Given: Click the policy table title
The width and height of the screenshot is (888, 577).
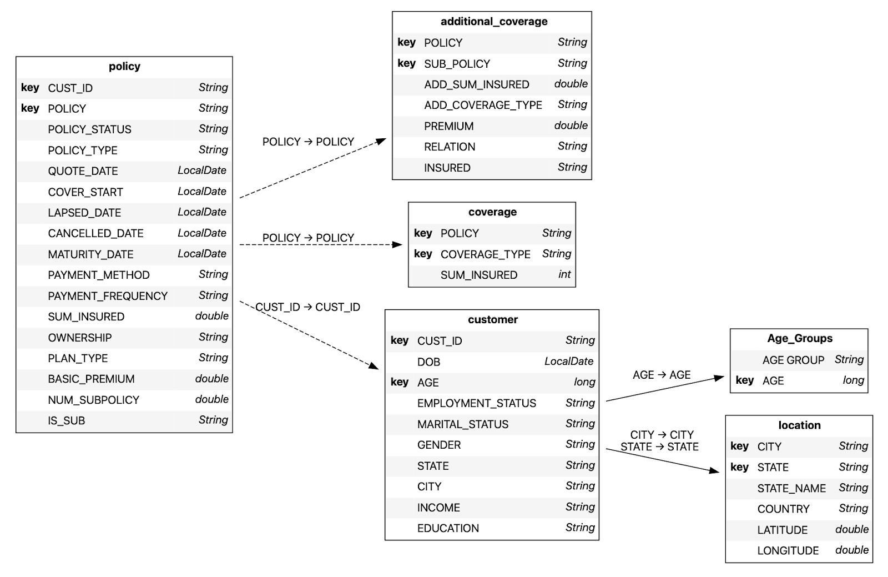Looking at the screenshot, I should point(124,67).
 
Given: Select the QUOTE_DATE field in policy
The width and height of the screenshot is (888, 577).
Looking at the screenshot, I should point(83,171).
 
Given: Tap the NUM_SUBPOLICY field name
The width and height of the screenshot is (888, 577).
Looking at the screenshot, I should point(93,400).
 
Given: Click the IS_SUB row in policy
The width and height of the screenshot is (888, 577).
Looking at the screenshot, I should point(67,420).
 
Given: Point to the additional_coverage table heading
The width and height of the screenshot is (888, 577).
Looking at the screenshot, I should point(493,22).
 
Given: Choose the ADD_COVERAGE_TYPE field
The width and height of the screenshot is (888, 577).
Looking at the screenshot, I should point(483,105).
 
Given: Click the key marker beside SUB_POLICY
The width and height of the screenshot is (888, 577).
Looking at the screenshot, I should point(406,63).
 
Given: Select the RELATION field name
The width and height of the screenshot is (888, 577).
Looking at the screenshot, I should point(450,147).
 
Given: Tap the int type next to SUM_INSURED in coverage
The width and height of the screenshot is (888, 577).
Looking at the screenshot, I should point(564,274).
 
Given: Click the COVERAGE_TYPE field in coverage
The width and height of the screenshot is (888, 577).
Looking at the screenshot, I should point(485,254).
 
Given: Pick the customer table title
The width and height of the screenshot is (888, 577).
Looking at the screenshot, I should point(492,320).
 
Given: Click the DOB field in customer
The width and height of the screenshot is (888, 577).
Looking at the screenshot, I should point(428,362).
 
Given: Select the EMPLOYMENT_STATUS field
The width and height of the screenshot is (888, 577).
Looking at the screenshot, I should point(476,403).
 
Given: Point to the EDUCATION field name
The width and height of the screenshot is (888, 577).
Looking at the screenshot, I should point(448,528).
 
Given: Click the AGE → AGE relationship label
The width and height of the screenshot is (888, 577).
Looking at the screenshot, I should point(662,375).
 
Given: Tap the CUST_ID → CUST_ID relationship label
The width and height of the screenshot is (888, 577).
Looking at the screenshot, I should point(307,307).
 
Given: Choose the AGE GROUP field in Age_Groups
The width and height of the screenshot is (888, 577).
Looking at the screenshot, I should point(793,360).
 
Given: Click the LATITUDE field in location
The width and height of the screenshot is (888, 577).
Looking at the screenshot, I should point(782,530).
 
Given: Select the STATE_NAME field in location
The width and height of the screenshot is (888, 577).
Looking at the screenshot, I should point(791,488).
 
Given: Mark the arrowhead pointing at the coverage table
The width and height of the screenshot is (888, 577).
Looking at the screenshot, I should point(397,244).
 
